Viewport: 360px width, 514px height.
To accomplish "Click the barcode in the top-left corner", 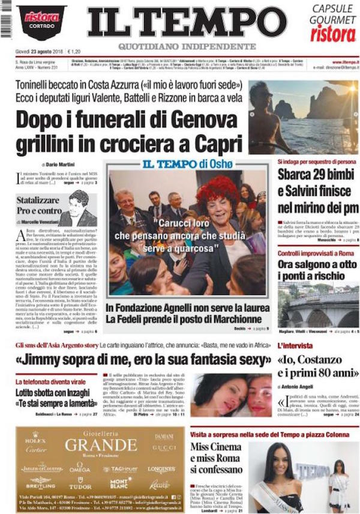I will point(5,19).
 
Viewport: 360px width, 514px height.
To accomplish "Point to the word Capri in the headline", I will point(215,145).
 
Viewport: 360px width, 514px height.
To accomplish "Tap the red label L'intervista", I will point(295,346).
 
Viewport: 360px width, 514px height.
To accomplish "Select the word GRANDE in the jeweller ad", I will point(101,445).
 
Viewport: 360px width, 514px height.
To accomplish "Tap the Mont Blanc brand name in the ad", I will point(120,483).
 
